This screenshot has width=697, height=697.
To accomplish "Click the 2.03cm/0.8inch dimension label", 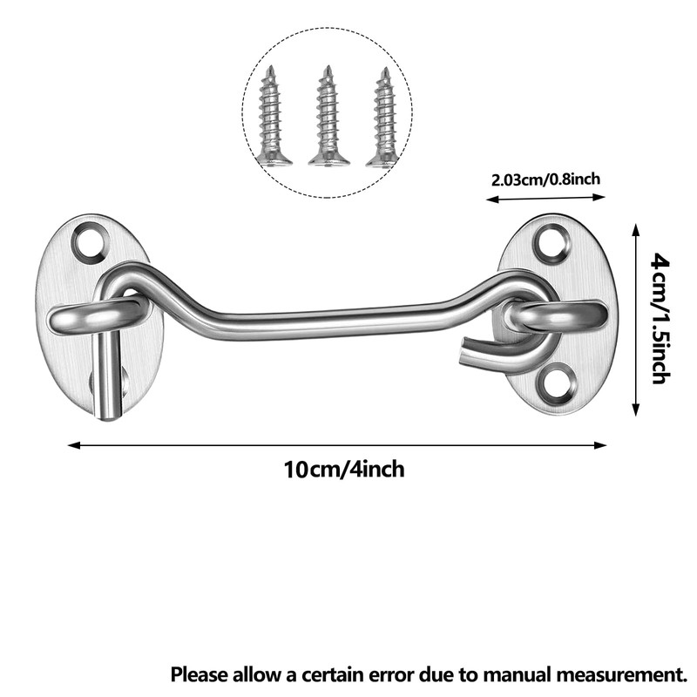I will coord(546,179).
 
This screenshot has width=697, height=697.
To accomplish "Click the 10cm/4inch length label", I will coord(344,470).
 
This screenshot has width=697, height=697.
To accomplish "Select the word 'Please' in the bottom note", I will coord(199,673).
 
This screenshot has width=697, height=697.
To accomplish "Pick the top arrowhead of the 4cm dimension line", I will coord(637,228).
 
